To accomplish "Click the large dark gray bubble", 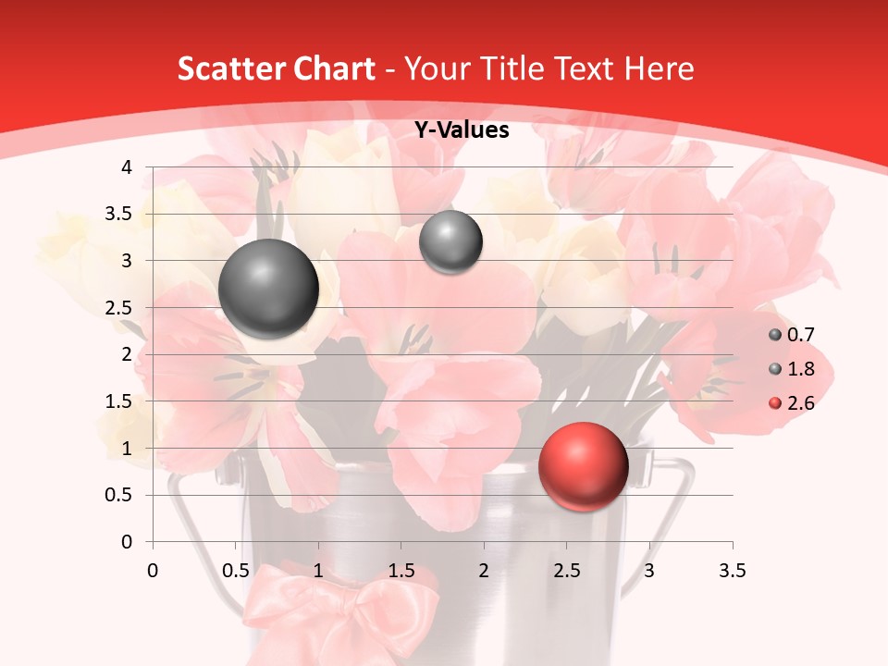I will [268, 289].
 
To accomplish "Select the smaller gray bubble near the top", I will [450, 242].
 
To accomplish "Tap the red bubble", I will [583, 467].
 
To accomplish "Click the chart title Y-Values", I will [462, 130].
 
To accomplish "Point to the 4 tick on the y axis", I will [126, 167].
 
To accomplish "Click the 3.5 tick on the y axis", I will [117, 215].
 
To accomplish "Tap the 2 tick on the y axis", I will [126, 354].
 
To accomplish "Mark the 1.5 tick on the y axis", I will [117, 401].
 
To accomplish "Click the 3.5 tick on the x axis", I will [733, 571].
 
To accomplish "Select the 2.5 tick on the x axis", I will [567, 571].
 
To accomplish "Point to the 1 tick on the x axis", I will [318, 571].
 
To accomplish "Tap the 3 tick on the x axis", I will [649, 571].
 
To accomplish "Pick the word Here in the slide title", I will [659, 68].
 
